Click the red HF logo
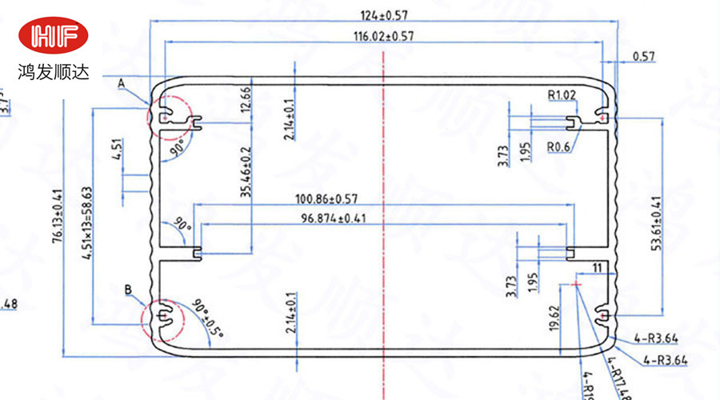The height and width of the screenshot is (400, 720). pos(55,36)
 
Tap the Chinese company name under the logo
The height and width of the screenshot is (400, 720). pos(55,72)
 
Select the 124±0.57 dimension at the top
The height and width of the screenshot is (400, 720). pos(383,14)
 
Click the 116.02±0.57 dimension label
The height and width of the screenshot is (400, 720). pos(383,36)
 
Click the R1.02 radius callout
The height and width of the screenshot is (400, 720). pos(562,95)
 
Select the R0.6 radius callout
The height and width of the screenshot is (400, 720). pos(558,146)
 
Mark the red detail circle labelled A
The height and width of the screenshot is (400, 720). pos(165,114)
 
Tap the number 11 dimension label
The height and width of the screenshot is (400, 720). pos(597,267)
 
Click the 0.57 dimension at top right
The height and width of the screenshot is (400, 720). pos(643,56)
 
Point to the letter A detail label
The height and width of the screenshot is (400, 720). pos(121,82)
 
